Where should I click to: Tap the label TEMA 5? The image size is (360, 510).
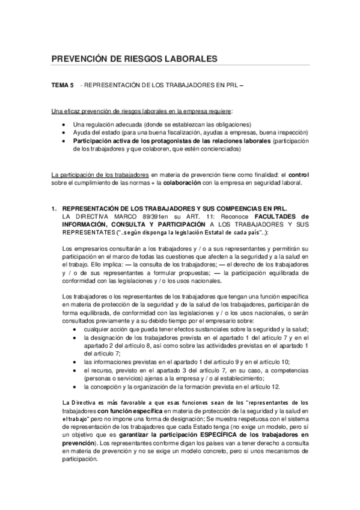tap(63, 86)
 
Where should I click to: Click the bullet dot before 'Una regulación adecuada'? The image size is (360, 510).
tap(65, 123)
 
